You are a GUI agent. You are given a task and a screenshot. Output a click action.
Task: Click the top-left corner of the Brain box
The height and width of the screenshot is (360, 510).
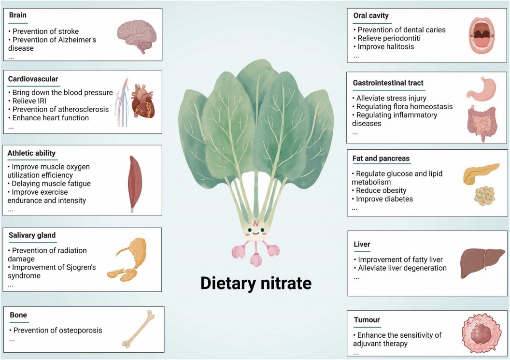click(3, 9)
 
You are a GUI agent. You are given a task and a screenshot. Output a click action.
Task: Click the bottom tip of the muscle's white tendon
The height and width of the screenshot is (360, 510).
click(132, 213)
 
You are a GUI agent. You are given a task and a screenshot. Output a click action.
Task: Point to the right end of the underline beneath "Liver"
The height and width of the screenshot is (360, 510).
click(370, 252)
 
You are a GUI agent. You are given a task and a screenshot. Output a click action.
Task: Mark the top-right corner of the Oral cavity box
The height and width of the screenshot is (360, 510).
click(507, 9)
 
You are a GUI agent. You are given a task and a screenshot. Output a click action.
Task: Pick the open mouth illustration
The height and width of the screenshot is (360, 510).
click(482, 35)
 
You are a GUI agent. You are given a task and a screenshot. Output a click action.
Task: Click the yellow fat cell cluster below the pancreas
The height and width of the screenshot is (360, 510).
click(484, 196)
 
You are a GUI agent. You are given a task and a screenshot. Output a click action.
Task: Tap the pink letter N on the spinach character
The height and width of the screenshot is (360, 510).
click(256, 224)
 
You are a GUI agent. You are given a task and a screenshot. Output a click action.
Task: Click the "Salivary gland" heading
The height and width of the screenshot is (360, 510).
click(32, 235)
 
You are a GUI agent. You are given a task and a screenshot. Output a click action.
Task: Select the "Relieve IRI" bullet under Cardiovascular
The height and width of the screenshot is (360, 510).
click(28, 101)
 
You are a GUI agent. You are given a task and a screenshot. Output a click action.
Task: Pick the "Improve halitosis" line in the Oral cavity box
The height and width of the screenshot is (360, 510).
click(384, 46)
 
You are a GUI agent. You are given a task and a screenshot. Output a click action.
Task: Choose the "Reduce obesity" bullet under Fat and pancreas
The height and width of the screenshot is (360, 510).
click(379, 190)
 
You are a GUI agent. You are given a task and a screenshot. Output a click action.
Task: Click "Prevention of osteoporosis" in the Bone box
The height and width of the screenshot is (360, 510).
click(56, 331)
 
